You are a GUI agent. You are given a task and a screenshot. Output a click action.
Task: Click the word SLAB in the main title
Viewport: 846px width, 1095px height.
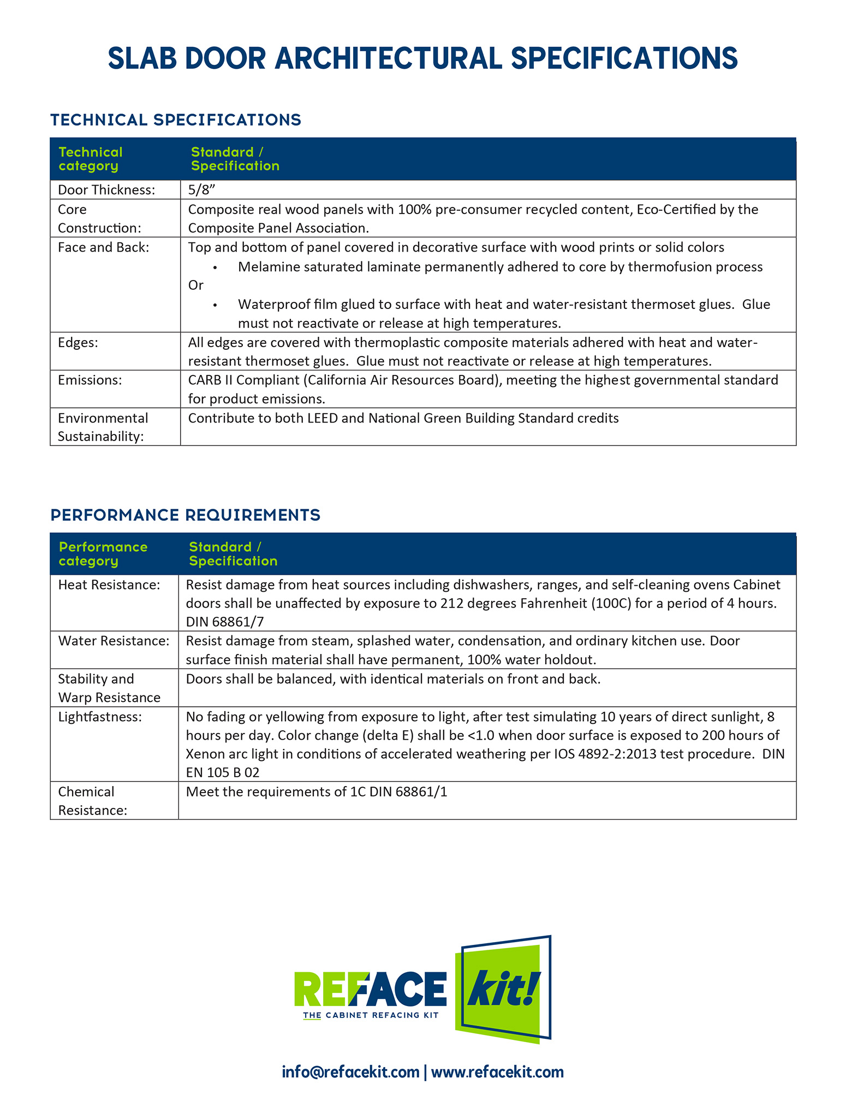[142, 58]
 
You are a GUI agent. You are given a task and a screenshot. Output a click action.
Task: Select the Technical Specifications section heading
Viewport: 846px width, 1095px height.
[175, 120]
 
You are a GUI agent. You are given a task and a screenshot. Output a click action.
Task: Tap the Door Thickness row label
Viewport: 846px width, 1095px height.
[106, 190]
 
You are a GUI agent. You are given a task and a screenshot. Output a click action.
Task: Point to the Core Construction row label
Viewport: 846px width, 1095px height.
[99, 218]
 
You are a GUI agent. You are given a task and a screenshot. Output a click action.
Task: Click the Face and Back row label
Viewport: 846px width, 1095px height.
[103, 247]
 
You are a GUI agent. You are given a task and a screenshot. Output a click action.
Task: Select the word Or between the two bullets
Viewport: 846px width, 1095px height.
[195, 285]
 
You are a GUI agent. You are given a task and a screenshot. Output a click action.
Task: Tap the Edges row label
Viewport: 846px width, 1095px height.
[78, 342]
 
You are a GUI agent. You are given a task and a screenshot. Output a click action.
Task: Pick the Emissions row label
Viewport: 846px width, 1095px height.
[90, 380]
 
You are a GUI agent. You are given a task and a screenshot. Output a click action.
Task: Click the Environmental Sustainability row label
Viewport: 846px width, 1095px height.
[103, 427]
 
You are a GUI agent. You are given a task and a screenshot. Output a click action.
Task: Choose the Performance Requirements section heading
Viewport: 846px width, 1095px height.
[185, 515]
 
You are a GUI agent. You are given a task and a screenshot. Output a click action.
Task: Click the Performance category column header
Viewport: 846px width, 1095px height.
[103, 554]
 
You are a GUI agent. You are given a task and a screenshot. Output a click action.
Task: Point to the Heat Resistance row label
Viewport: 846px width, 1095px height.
[109, 585]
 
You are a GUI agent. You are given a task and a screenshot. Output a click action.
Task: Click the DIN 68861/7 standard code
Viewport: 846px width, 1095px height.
[225, 622]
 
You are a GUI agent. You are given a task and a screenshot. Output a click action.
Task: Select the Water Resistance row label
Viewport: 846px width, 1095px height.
[114, 641]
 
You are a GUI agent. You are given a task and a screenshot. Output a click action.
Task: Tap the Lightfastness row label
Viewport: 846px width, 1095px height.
[99, 717]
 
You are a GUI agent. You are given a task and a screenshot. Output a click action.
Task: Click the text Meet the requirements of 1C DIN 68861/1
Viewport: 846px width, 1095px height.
[317, 792]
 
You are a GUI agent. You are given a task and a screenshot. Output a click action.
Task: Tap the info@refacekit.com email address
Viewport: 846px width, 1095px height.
[350, 1072]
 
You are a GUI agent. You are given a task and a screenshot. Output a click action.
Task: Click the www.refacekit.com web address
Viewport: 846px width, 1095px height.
[497, 1072]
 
